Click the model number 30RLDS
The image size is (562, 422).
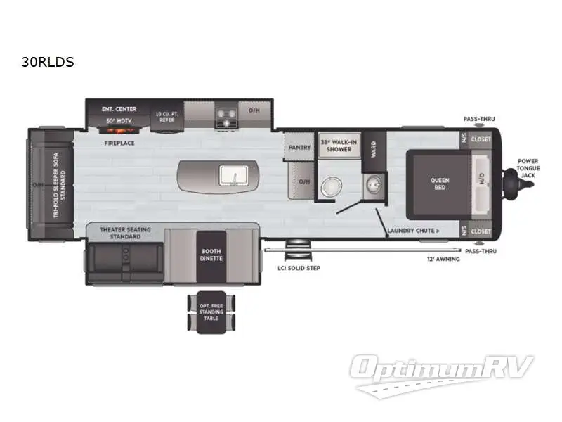coord(48,62)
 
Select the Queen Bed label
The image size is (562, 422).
coord(440,184)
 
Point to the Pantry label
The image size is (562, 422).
coord(299,148)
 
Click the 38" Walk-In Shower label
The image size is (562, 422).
coord(339,146)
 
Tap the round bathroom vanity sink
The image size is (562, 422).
coord(372,186)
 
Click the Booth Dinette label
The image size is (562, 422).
coord(211,255)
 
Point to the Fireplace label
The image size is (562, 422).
coord(119,143)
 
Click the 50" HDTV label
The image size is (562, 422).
coord(119,121)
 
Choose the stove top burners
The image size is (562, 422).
coord(226,117)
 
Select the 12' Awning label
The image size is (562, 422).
coord(444,259)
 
